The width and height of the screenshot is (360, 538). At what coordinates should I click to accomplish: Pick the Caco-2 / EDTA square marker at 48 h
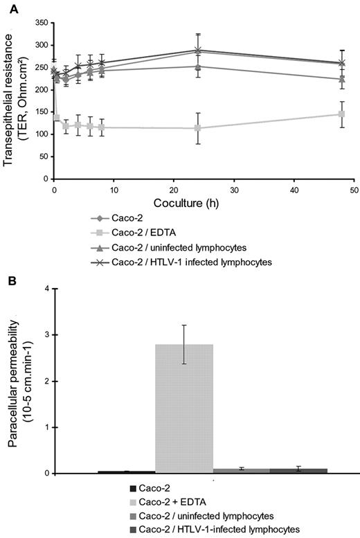click(x=341, y=114)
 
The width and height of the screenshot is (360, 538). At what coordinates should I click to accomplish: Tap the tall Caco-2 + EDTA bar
click(x=183, y=409)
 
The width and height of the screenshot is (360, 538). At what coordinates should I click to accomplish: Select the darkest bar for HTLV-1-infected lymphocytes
click(x=298, y=471)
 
